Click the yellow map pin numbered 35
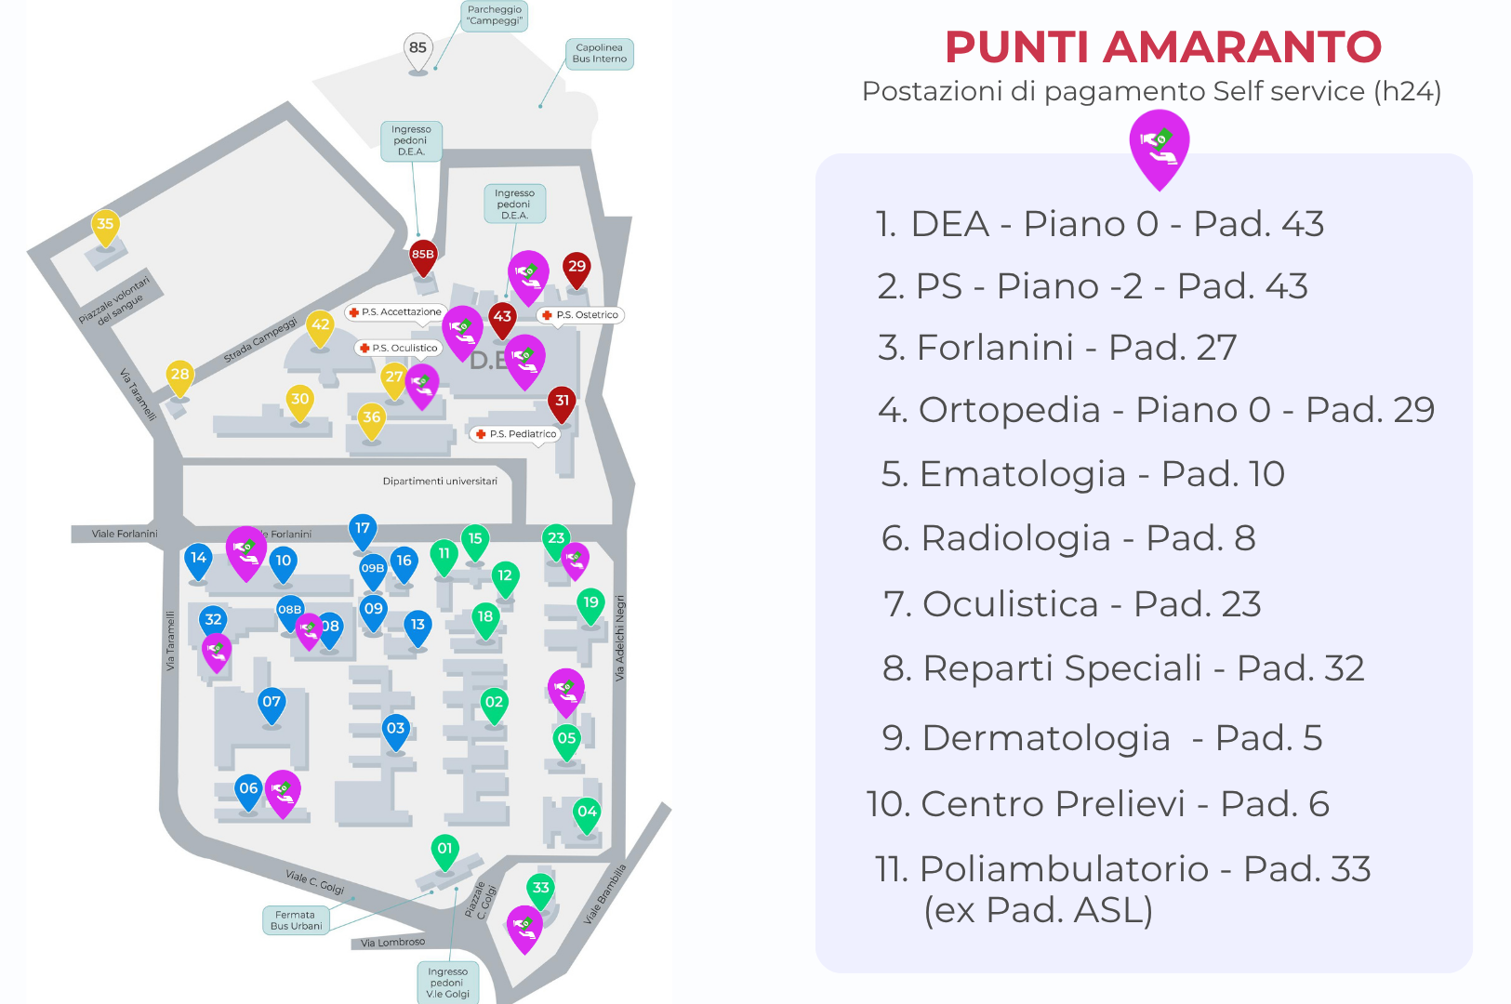coord(105,225)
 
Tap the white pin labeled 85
coord(418,49)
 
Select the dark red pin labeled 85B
coord(423,256)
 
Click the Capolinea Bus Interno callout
coord(599,54)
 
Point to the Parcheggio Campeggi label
coord(495,16)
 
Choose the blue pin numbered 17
coord(363,530)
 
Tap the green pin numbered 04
coord(587,813)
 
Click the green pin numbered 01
coord(445,850)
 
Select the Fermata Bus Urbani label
coord(296,920)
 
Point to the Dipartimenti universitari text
coord(440,482)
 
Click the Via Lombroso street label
coord(392,943)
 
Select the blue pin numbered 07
coord(272,704)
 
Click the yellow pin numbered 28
coord(179,376)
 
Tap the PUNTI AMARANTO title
coord(1162,47)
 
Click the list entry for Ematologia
coord(1082,474)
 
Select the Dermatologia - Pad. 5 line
coord(1102,738)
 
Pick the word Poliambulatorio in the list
coord(1064,869)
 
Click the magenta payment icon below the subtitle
coord(1159,145)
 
